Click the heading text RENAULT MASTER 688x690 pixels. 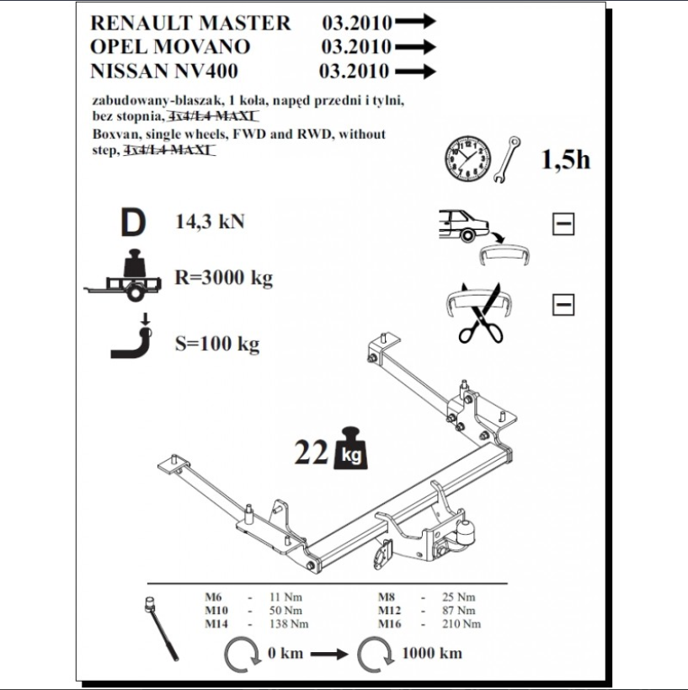point(189,23)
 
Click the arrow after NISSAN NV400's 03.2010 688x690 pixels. point(416,72)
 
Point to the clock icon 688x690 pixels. point(467,158)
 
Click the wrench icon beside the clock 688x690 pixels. point(507,158)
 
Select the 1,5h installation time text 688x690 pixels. point(565,159)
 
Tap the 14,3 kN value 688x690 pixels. point(210,222)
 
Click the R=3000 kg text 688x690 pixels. point(223,278)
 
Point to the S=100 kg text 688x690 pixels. point(216,344)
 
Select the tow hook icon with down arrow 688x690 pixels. point(133,337)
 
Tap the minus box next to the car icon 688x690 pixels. point(563,224)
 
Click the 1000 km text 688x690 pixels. point(432,653)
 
